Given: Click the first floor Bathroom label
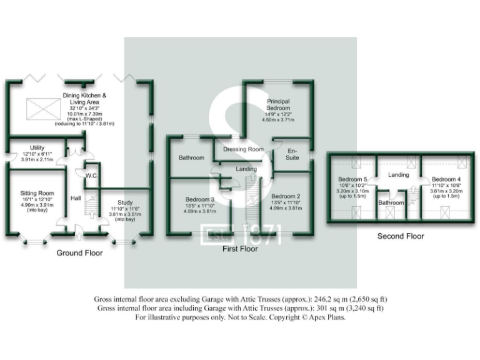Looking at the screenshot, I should pyautogui.click(x=191, y=158).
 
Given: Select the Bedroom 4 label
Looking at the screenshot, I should pyautogui.click(x=444, y=179).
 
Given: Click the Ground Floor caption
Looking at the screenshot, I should pyautogui.click(x=79, y=253).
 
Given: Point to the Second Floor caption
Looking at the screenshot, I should pyautogui.click(x=401, y=236).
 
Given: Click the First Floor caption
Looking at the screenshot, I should pyautogui.click(x=241, y=249).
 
